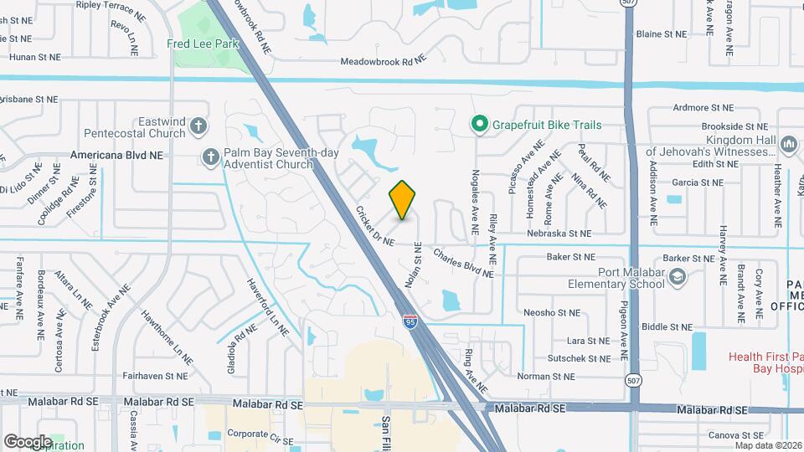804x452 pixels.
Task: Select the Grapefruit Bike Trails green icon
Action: (479, 126)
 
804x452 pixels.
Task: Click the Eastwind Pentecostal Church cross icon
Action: (198, 126)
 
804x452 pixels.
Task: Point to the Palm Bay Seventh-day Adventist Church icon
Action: (210, 155)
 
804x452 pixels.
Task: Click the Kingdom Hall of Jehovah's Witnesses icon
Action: (787, 146)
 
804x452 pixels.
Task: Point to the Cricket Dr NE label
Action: (374, 227)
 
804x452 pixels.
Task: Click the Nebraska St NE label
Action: (559, 234)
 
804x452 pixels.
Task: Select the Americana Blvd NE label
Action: (116, 156)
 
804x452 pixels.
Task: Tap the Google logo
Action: (28, 441)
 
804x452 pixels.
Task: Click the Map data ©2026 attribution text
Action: (768, 444)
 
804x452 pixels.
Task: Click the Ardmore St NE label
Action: (703, 108)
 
